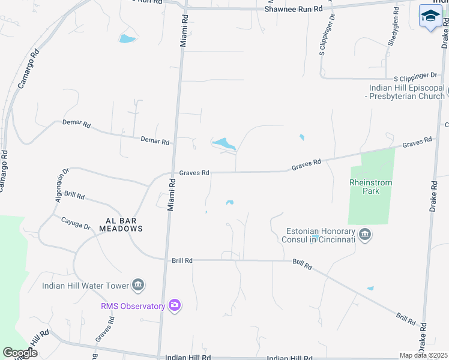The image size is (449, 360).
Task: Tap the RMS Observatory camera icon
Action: coord(175,306)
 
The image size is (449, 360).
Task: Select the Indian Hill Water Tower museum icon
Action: coord(138,284)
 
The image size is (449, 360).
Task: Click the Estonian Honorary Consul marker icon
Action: coord(364,233)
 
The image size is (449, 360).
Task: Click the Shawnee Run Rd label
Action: coord(294,9)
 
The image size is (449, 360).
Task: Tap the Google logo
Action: coord(20,352)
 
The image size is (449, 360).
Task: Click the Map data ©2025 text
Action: coord(424,355)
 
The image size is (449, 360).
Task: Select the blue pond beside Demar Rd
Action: coord(224,143)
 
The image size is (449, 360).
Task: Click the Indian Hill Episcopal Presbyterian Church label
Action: coord(406,92)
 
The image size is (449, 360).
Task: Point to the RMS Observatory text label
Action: coord(133,306)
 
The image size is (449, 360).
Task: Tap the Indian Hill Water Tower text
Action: coord(86,285)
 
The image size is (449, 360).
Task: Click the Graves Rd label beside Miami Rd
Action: coord(194,173)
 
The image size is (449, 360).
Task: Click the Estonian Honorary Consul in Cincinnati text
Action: coord(318,234)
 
